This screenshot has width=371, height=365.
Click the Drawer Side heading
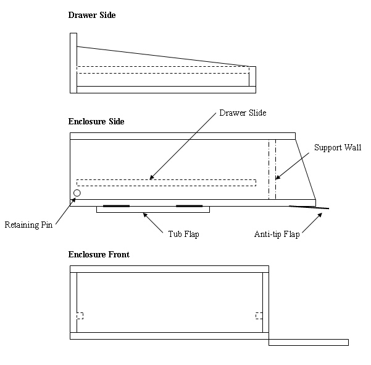pos(91,15)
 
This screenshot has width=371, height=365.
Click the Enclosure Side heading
pos(96,121)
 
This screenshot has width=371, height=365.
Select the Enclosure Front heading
pos(99,254)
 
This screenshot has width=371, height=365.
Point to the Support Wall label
pos(338,148)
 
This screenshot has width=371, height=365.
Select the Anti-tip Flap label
pos(277,234)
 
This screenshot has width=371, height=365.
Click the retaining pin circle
pos(77,193)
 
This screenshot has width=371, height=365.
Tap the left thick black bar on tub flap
pos(116,205)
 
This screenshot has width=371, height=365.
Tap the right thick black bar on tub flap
pos(189,205)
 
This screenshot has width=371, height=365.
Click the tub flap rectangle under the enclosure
pos(153,210)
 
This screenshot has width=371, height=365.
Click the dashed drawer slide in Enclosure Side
pos(166,182)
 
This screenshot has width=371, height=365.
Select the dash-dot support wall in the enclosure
pos(272,170)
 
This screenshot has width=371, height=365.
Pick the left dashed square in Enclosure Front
pos(80,316)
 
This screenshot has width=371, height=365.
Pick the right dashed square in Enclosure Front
pos(259,316)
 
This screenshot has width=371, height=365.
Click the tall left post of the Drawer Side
pos(73,62)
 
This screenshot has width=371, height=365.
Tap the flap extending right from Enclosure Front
pos(309,342)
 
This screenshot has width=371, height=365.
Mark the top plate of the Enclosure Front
pos(169,268)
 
